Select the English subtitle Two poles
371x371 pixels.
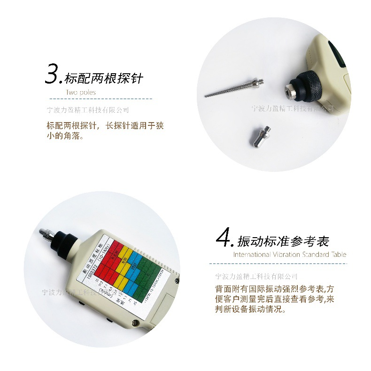point(81,93)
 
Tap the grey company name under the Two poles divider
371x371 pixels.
point(88,110)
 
